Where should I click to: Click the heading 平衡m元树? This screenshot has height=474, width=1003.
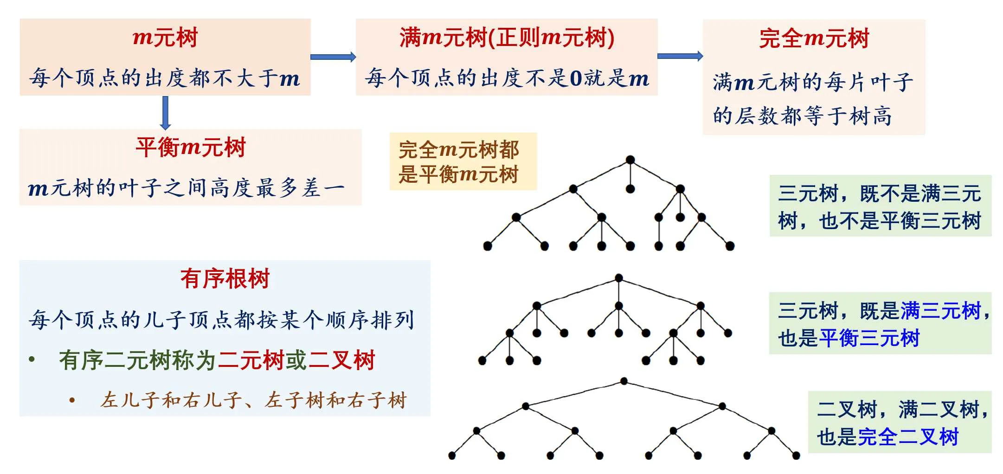click(191, 147)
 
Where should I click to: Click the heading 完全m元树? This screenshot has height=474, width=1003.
click(814, 38)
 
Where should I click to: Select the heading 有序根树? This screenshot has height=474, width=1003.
click(225, 279)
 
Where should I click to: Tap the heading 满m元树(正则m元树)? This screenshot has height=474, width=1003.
click(507, 37)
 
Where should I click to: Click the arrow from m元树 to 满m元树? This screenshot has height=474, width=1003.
click(333, 57)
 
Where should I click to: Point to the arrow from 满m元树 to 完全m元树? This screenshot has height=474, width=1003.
click(680, 56)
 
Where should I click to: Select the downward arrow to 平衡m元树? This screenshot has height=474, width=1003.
click(165, 113)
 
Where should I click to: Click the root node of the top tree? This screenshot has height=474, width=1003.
click(630, 160)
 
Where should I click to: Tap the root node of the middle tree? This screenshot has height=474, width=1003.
click(618, 278)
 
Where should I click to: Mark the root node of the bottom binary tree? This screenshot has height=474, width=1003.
click(624, 381)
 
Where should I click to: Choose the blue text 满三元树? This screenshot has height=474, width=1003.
click(941, 310)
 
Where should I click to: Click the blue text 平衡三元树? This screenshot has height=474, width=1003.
click(869, 338)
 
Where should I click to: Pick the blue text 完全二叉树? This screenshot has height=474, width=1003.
click(908, 437)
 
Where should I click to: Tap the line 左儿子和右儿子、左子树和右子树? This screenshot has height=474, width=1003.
click(253, 400)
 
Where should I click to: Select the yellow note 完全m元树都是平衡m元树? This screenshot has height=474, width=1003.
click(459, 162)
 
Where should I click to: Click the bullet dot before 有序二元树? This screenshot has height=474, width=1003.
click(32, 359)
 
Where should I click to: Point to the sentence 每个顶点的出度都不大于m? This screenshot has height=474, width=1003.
click(165, 78)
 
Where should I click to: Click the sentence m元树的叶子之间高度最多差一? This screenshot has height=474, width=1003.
click(186, 188)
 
